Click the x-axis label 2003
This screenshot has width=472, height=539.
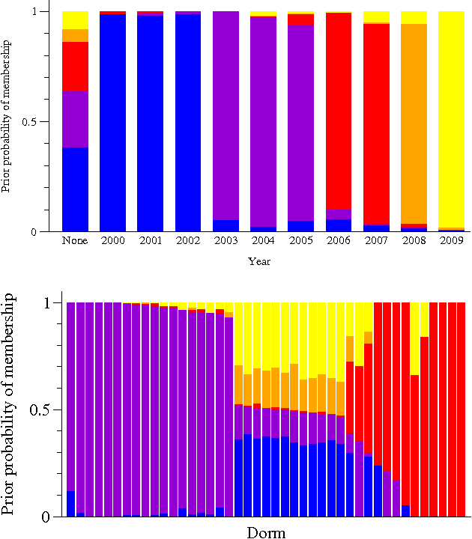(226, 241)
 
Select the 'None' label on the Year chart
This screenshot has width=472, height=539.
(75, 241)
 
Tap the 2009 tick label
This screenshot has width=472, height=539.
(451, 241)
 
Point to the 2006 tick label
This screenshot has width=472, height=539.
(339, 241)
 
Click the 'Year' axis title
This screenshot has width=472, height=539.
(259, 262)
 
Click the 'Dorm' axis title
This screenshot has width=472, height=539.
(266, 532)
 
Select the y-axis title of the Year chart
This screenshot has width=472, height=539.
(7, 121)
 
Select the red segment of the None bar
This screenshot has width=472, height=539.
(75, 67)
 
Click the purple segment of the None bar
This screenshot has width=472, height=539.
(75, 119)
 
